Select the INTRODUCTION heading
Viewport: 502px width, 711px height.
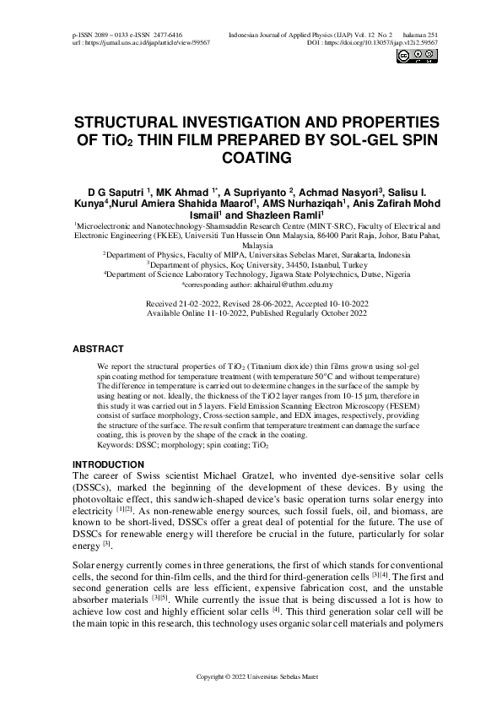point(108,465)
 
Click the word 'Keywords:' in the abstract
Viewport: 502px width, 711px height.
point(116,443)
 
